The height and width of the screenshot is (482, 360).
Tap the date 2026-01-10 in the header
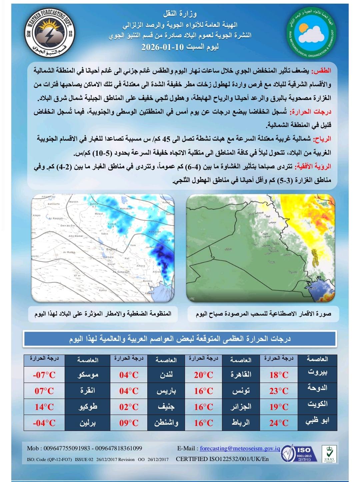[x=162, y=47]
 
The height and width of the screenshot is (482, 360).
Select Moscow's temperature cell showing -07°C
[x=44, y=375]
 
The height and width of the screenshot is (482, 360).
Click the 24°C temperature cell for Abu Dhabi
[x=279, y=423]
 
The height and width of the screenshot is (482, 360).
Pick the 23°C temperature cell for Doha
[x=279, y=391]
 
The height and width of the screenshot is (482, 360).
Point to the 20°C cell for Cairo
[x=203, y=375]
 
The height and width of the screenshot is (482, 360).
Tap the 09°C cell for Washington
[x=129, y=423]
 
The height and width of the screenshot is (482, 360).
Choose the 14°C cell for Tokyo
[x=44, y=407]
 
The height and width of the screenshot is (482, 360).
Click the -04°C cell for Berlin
[x=44, y=423]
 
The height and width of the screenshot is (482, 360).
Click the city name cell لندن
[x=166, y=375]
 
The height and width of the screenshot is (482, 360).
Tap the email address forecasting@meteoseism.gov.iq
[x=240, y=448]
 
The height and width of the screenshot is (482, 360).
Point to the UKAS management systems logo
[x=329, y=454]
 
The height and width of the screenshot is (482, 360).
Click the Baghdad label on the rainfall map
[x=112, y=250]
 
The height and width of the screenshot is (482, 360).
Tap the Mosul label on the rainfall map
[x=99, y=214]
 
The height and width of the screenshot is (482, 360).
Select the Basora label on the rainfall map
[x=147, y=281]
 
